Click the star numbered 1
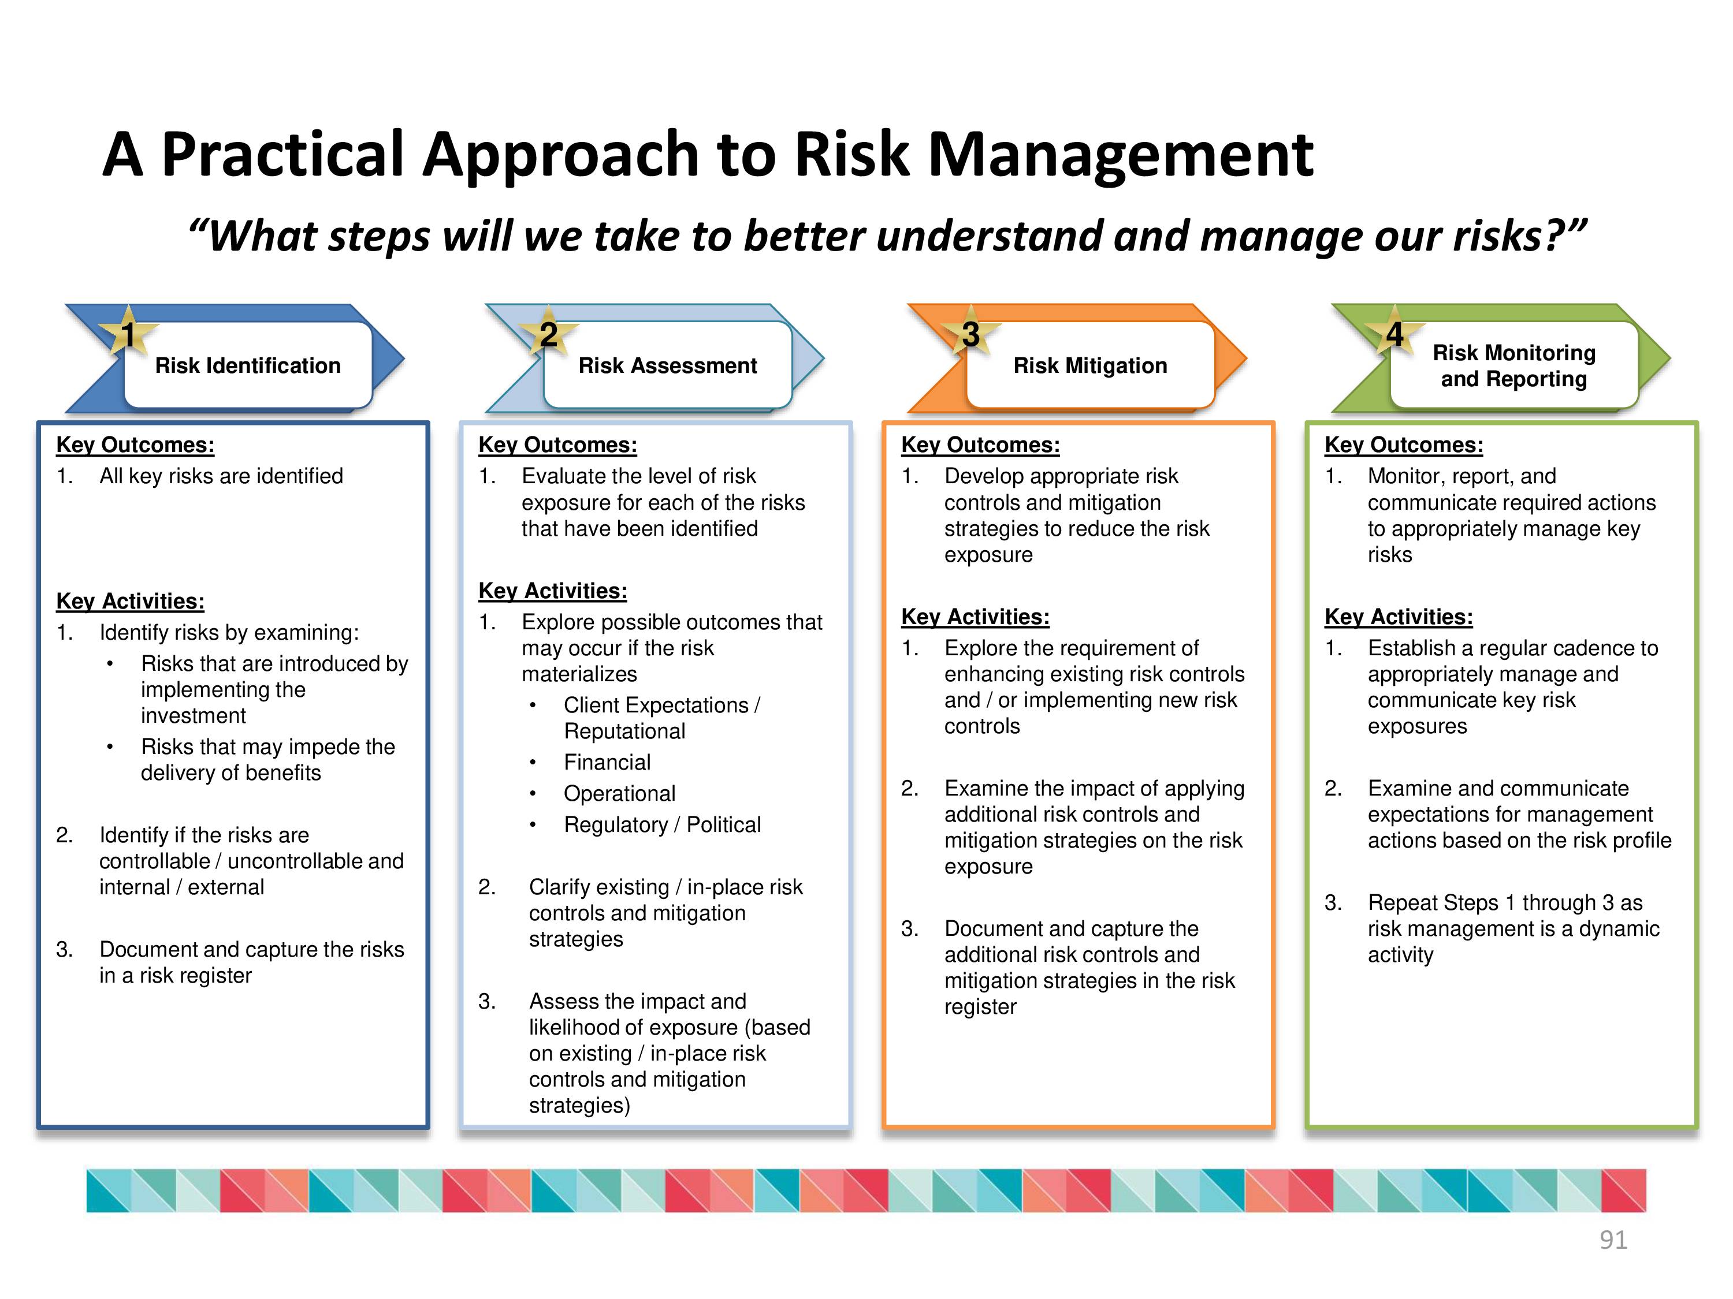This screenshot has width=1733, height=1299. coord(128,334)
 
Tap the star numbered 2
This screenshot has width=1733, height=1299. coord(548,334)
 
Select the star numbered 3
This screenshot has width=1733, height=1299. coord(970,334)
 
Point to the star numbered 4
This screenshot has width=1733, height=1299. coord(1394,334)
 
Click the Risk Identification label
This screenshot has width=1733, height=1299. coord(248,365)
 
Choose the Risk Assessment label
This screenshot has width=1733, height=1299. coord(668,365)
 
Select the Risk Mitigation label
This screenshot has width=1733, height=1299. coord(1090,365)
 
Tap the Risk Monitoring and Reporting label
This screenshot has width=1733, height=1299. coord(1513,365)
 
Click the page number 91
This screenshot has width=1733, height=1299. coord(1613,1240)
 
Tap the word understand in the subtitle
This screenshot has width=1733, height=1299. coord(988,236)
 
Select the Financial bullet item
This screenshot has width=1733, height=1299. coord(607,762)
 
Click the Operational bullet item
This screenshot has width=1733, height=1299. coord(619,793)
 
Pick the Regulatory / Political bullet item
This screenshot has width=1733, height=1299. coord(662,824)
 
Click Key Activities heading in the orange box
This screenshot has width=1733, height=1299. coord(976,617)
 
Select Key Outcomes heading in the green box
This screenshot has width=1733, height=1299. coord(1404,445)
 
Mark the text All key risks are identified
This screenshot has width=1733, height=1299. coord(221,476)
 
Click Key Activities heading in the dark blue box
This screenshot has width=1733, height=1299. coord(130,602)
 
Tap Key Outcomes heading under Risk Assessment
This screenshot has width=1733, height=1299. coord(558,445)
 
